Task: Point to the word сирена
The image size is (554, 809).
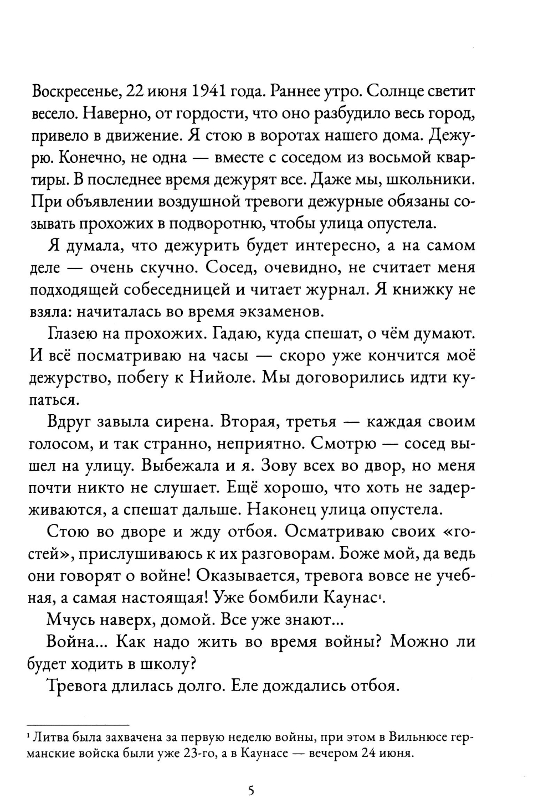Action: [181, 422]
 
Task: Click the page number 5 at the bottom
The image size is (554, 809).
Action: [251, 791]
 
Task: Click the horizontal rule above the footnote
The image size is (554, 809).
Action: [78, 725]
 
